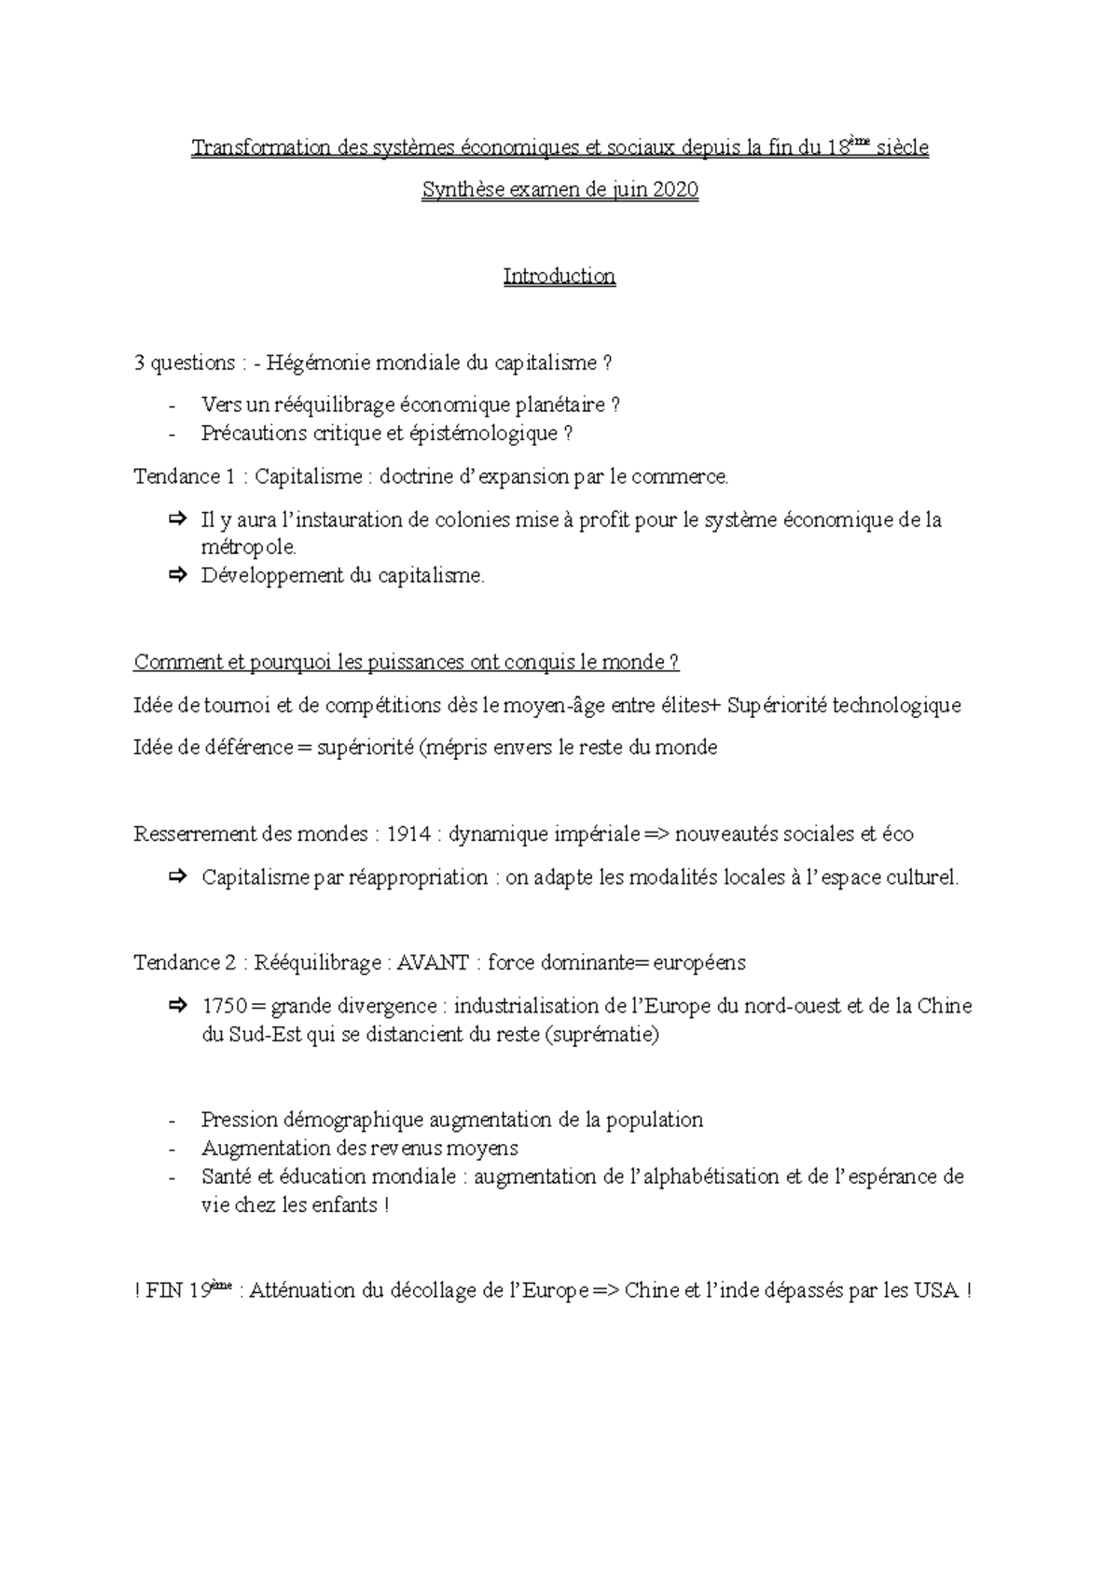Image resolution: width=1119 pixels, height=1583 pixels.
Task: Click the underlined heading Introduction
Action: tap(559, 276)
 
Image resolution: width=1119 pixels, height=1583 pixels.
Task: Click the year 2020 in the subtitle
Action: tap(675, 190)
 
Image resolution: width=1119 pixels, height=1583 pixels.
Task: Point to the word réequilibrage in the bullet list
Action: tap(333, 405)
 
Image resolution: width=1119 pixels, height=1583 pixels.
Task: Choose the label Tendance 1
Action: tap(184, 476)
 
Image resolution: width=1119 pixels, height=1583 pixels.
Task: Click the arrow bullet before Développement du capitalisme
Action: tap(177, 575)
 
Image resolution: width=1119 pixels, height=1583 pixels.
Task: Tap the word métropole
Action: tap(247, 547)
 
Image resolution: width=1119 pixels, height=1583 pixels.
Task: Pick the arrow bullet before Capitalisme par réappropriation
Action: tap(177, 876)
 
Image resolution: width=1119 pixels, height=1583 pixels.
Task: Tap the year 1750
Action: tap(224, 1006)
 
